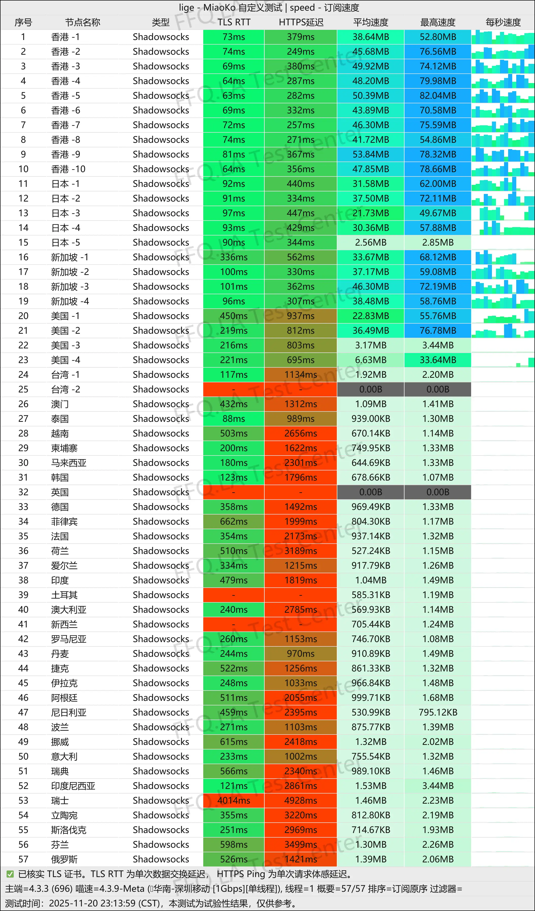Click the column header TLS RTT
(x=234, y=23)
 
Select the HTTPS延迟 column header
(x=301, y=23)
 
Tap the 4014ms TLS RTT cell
(x=234, y=800)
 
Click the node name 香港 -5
(x=65, y=96)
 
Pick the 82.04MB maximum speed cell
(x=438, y=96)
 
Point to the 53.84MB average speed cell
(x=371, y=154)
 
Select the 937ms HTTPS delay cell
(x=301, y=316)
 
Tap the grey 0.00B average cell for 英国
(x=371, y=492)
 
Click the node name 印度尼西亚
(x=73, y=786)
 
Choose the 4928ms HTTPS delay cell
(x=301, y=800)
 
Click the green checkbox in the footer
(x=10, y=874)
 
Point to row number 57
(x=23, y=859)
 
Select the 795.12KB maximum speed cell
(x=438, y=712)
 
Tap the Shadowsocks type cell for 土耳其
(x=161, y=595)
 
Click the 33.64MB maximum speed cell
(x=438, y=360)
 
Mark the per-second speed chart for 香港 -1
(x=503, y=37)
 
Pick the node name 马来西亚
(x=69, y=463)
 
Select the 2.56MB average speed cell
(x=371, y=243)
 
